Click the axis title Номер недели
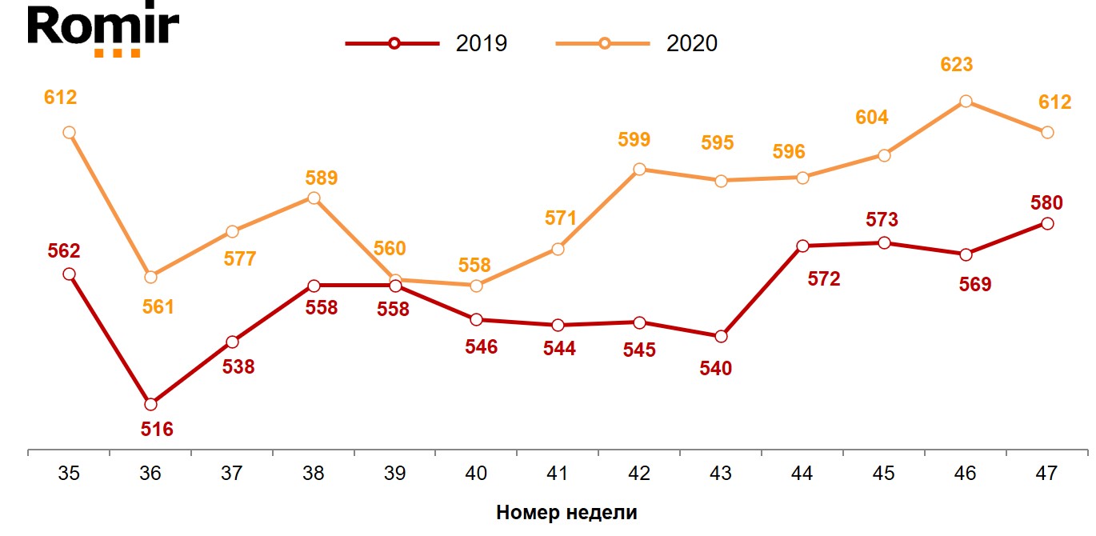click(x=566, y=513)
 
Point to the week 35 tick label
click(x=69, y=474)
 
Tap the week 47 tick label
click(x=1046, y=474)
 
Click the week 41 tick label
click(x=558, y=474)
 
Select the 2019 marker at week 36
click(x=150, y=404)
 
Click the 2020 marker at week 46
click(x=966, y=101)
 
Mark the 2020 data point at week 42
click(x=639, y=169)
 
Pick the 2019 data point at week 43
click(x=721, y=336)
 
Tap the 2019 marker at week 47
click(x=1046, y=223)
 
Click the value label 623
click(x=957, y=65)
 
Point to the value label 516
click(x=157, y=430)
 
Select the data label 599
click(x=634, y=139)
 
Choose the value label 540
click(x=716, y=369)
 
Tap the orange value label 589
click(x=322, y=178)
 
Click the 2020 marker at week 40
click(x=476, y=286)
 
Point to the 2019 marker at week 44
click(x=802, y=246)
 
